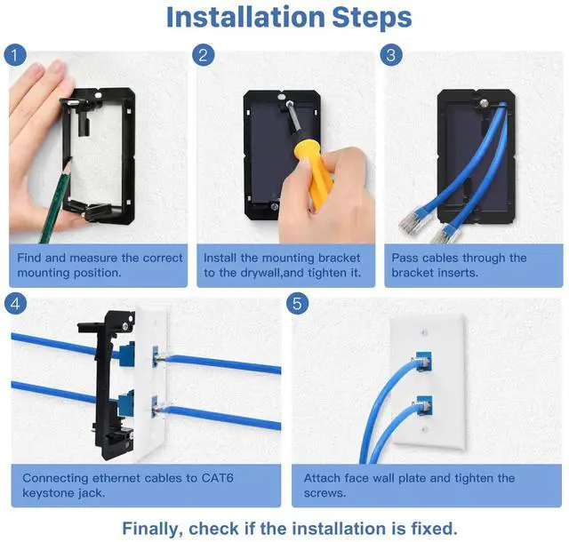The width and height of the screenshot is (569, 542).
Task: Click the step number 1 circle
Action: (x=15, y=55)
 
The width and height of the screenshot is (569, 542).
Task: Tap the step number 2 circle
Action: (x=204, y=55)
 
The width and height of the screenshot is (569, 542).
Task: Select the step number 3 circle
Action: (x=391, y=55)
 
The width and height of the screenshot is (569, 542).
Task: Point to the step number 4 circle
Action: (x=15, y=303)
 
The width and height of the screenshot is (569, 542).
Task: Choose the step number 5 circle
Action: (x=297, y=303)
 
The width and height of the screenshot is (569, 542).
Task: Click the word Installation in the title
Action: (x=245, y=17)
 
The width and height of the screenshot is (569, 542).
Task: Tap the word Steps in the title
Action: (x=372, y=18)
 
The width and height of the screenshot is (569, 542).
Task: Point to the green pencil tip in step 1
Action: (x=69, y=161)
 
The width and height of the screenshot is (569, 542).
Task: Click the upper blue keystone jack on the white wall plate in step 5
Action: (x=423, y=361)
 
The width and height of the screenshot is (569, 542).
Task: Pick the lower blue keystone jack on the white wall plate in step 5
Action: (x=424, y=406)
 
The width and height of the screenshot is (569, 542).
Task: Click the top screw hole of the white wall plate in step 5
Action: (x=424, y=332)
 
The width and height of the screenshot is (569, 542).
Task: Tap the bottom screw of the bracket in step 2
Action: (x=275, y=207)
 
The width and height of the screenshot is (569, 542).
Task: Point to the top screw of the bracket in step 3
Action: (x=484, y=103)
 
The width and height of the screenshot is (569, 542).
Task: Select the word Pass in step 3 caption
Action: (x=405, y=258)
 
